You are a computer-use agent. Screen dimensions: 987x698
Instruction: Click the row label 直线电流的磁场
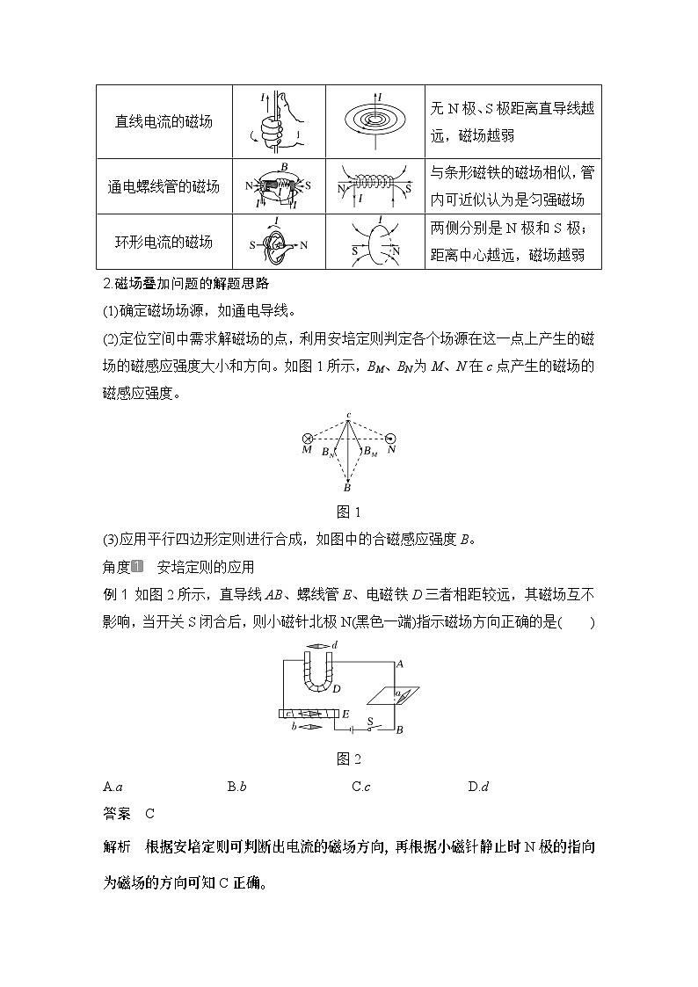click(x=164, y=122)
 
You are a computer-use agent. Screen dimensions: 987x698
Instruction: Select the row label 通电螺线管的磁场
click(x=164, y=186)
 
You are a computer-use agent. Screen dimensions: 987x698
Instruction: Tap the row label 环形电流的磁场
click(x=164, y=242)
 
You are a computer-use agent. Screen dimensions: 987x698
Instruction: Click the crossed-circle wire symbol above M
click(x=307, y=437)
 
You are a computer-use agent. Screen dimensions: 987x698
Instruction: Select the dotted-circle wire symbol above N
click(x=390, y=437)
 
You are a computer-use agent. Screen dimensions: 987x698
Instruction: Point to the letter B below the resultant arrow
click(x=347, y=488)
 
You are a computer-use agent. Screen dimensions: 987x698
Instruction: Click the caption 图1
click(x=349, y=512)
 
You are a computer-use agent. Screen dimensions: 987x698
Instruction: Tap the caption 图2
click(x=349, y=759)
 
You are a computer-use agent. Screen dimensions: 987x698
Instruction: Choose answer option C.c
click(x=360, y=787)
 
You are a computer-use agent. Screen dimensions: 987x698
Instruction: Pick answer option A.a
click(x=112, y=787)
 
